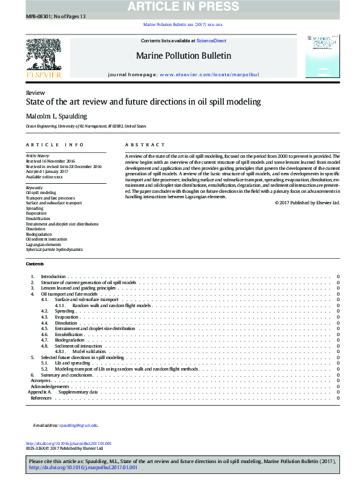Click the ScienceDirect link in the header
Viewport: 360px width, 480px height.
click(x=212, y=41)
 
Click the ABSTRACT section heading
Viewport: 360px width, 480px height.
click(x=145, y=145)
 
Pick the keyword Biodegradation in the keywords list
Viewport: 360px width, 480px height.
click(x=39, y=234)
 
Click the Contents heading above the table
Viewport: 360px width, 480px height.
click(x=34, y=264)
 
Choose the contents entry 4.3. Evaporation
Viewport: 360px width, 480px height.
click(x=67, y=317)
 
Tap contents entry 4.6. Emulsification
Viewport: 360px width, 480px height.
click(x=68, y=334)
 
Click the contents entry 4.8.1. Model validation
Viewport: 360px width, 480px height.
click(x=90, y=351)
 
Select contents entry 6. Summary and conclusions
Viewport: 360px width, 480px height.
click(x=67, y=375)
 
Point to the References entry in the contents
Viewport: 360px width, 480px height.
click(x=41, y=398)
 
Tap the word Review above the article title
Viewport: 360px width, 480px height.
click(x=35, y=92)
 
